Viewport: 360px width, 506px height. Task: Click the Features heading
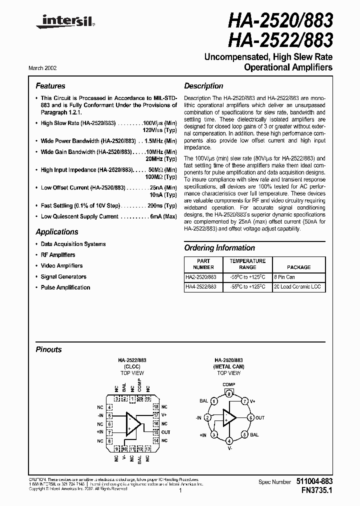50,86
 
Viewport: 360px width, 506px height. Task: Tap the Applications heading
57,232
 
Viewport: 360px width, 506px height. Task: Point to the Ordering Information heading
219,248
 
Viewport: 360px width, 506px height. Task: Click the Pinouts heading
49,349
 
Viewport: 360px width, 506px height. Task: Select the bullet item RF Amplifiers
58,255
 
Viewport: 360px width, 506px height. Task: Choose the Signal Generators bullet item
63,276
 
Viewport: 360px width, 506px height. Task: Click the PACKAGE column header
299,267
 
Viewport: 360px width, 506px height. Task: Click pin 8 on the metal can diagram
229,394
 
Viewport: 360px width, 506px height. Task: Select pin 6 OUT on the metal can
251,417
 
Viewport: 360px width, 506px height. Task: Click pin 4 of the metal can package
229,440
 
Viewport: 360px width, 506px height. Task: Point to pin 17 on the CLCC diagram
155,415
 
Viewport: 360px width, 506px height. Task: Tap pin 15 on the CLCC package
155,432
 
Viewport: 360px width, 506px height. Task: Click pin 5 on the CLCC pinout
109,415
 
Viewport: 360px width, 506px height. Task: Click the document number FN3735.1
313,491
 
